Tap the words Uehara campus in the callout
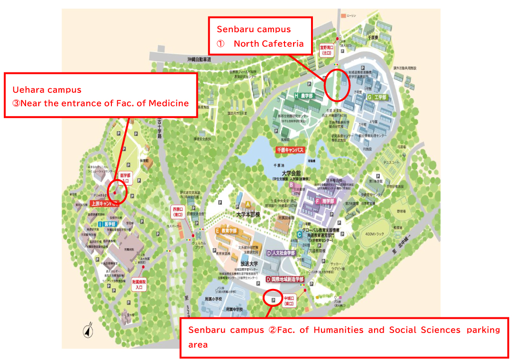click(47, 90)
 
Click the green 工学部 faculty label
click(377, 97)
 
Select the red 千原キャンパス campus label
click(290, 150)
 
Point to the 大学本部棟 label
click(248, 214)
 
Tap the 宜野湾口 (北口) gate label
click(327, 50)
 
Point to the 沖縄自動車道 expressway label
click(199, 59)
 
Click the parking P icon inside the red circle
click(273, 300)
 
